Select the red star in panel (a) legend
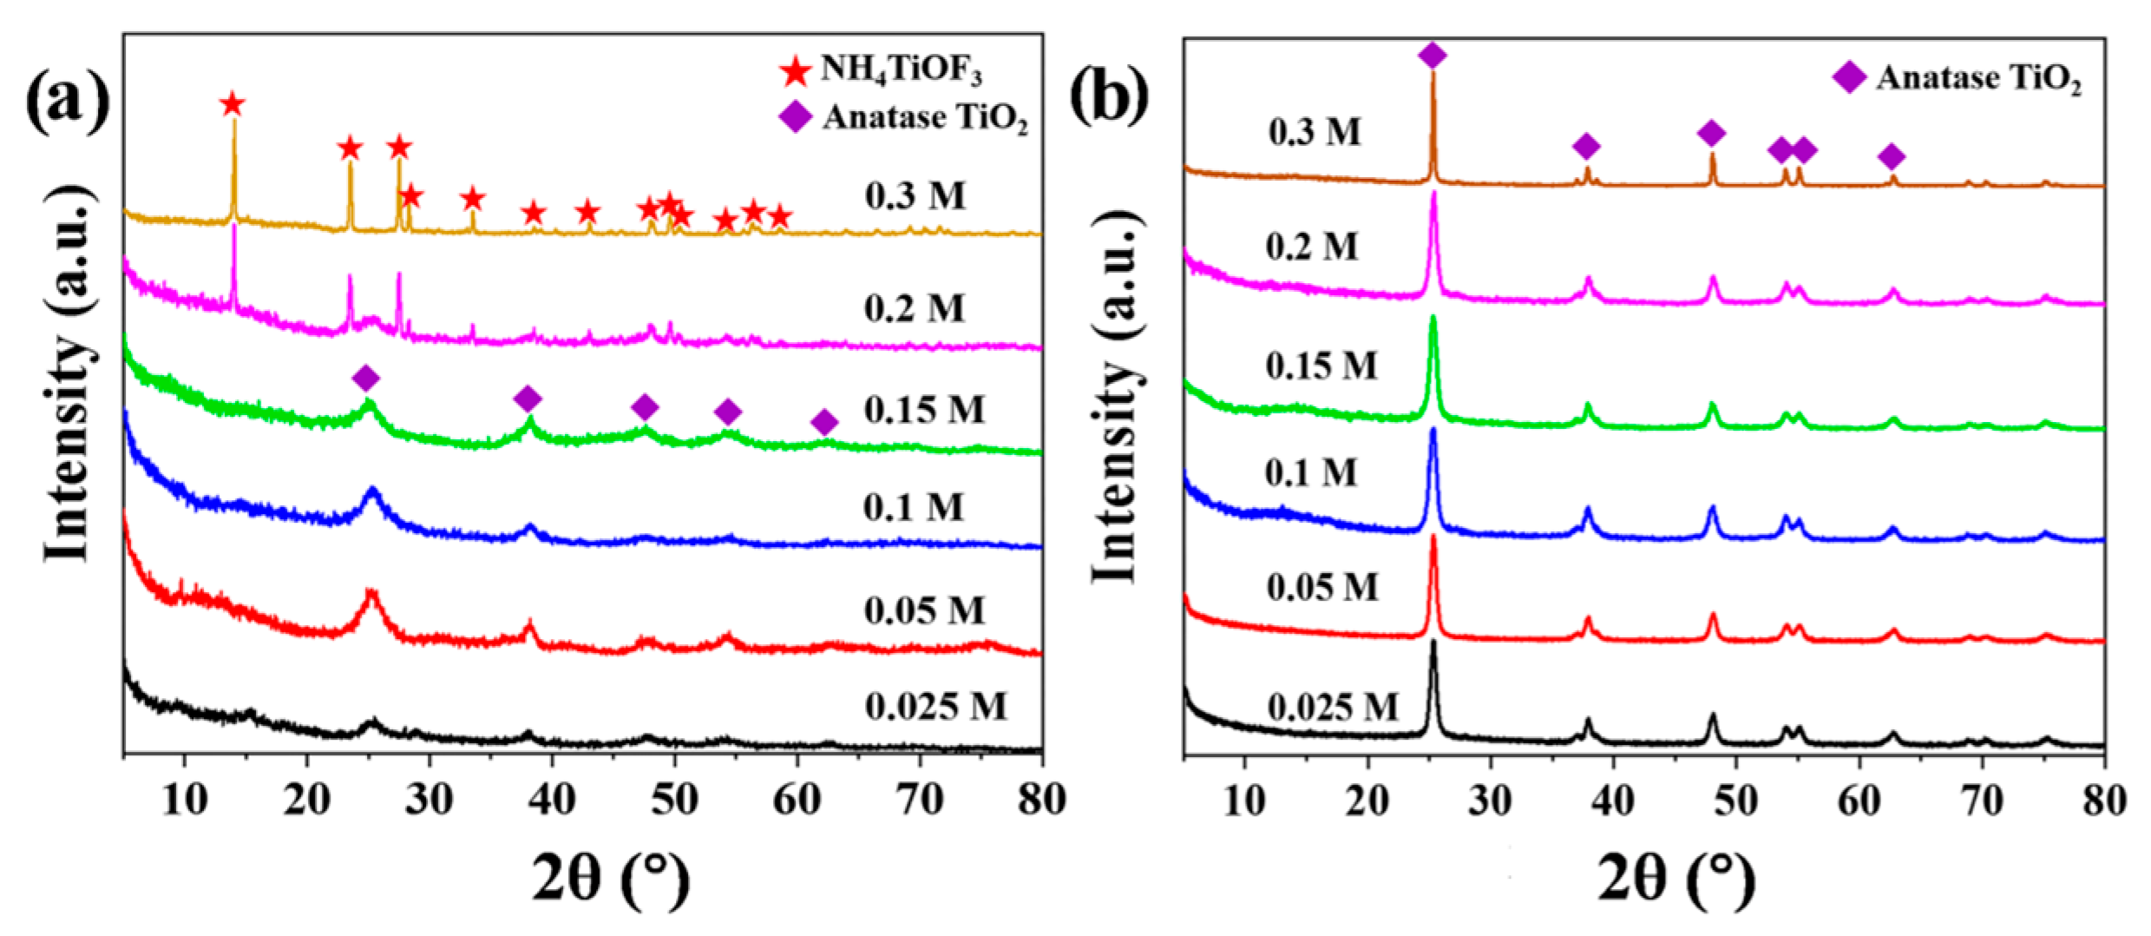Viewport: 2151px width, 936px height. coord(795,70)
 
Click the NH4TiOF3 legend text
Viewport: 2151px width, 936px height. coord(902,69)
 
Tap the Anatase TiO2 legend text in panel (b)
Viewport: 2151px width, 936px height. coord(1978,79)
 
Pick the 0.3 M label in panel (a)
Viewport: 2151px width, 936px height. coord(915,195)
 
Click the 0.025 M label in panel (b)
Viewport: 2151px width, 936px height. coord(1333,707)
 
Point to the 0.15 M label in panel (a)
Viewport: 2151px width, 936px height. coord(924,409)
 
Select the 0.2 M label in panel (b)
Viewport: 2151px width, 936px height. coord(1311,247)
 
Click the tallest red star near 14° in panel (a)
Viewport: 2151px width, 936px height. coord(232,105)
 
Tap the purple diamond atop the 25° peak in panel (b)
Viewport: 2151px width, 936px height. coord(1433,56)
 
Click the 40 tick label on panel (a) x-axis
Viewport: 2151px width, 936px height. coord(552,800)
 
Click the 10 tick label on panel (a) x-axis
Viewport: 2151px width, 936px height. coord(184,800)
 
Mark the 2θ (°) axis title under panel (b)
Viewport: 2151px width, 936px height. coord(1676,880)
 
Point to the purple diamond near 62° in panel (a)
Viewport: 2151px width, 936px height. coord(824,423)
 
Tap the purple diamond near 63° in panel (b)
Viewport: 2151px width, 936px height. coord(1892,157)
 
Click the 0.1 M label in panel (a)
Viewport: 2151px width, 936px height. coord(913,507)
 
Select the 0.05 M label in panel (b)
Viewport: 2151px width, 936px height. coord(1321,588)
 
